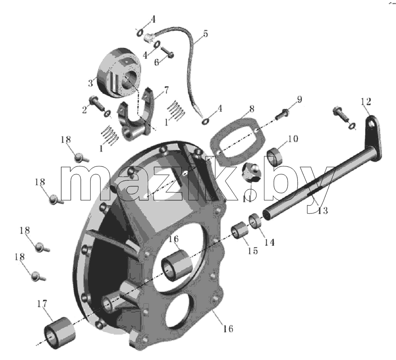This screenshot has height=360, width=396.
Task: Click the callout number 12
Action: (366, 102)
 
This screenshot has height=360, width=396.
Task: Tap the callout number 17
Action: (42, 304)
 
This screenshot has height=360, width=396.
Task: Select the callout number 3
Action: (91, 83)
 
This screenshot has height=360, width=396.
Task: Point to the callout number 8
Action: (252, 109)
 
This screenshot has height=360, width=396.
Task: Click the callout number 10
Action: (293, 138)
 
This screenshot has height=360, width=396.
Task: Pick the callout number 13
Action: (322, 210)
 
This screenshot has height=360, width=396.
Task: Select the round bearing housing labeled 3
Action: (118, 72)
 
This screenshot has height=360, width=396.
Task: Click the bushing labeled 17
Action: (60, 333)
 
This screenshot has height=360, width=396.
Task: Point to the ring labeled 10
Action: (275, 157)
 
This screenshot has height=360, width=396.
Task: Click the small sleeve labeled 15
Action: (239, 230)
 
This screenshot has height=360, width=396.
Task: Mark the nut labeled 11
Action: (251, 172)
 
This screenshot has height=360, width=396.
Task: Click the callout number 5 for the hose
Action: (206, 33)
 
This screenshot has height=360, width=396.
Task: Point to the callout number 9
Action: (300, 100)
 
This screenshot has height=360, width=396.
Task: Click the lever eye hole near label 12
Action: (372, 124)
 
